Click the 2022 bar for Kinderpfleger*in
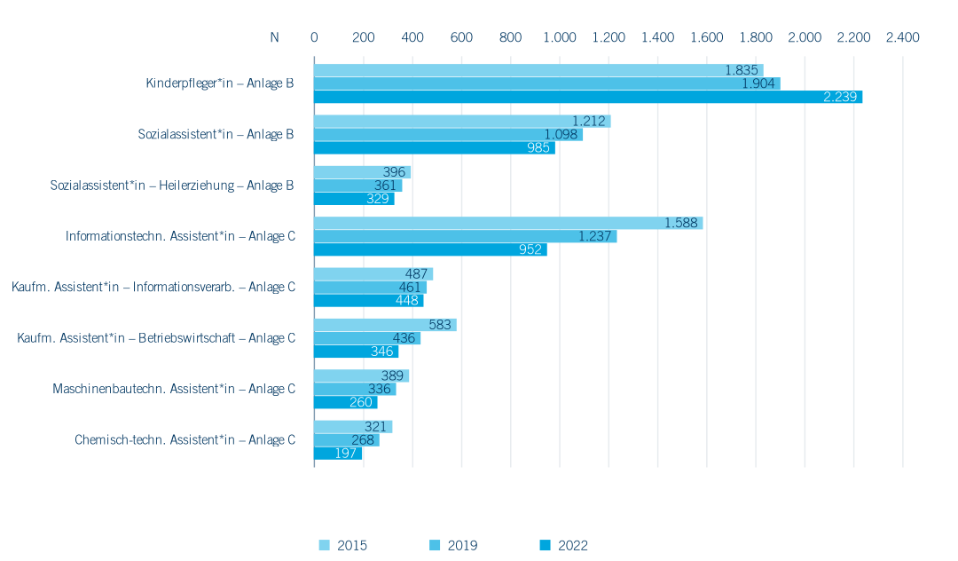click(588, 97)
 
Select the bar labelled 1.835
click(539, 70)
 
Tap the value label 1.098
click(561, 134)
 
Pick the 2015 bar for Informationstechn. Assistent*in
click(508, 223)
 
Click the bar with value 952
click(430, 249)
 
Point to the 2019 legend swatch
click(435, 545)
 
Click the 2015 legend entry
click(343, 545)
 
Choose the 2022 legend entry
click(564, 545)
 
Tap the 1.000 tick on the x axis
click(560, 37)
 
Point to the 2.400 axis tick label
click(903, 37)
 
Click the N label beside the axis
click(274, 37)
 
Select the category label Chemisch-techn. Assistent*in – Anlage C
click(185, 440)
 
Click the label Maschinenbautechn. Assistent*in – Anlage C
click(174, 389)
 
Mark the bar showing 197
click(338, 454)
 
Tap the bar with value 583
click(385, 325)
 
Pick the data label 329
click(378, 199)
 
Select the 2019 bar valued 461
click(370, 288)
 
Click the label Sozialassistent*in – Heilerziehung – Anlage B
click(172, 186)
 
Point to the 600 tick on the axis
click(461, 37)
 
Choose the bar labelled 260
click(346, 402)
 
